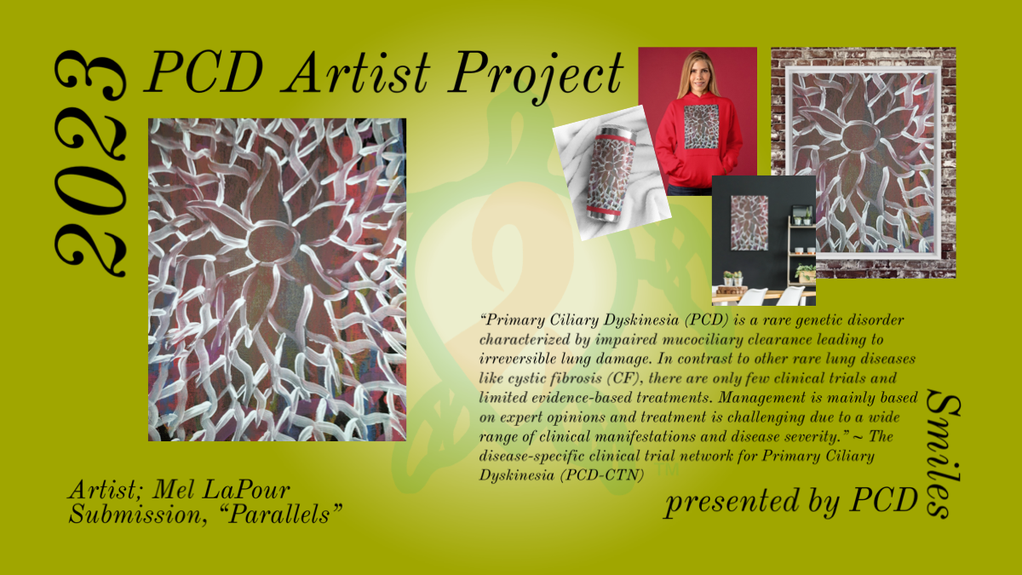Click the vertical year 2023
[90, 164]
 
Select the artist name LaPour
[246, 490]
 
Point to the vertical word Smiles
[944, 454]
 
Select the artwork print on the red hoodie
[701, 126]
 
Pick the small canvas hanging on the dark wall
[749, 223]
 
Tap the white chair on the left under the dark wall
[752, 296]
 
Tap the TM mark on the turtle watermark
[669, 470]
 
